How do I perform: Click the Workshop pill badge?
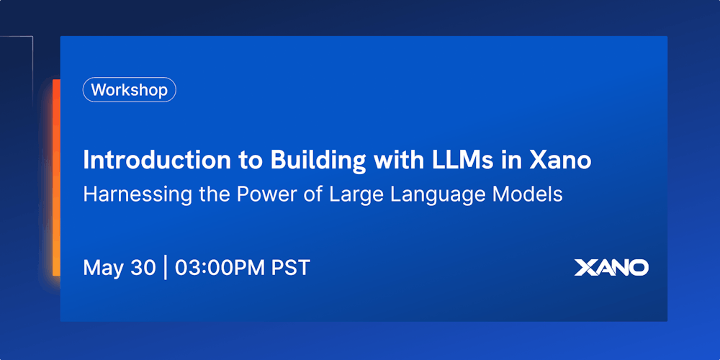[x=130, y=90]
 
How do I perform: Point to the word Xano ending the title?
[x=560, y=160]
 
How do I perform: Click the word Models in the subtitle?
[x=527, y=194]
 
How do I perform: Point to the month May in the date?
[x=102, y=268]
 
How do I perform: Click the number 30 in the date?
[x=142, y=267]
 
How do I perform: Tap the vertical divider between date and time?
[x=165, y=267]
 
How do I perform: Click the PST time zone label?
[x=291, y=267]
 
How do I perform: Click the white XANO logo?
[x=611, y=267]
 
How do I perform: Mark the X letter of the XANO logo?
[x=584, y=267]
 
